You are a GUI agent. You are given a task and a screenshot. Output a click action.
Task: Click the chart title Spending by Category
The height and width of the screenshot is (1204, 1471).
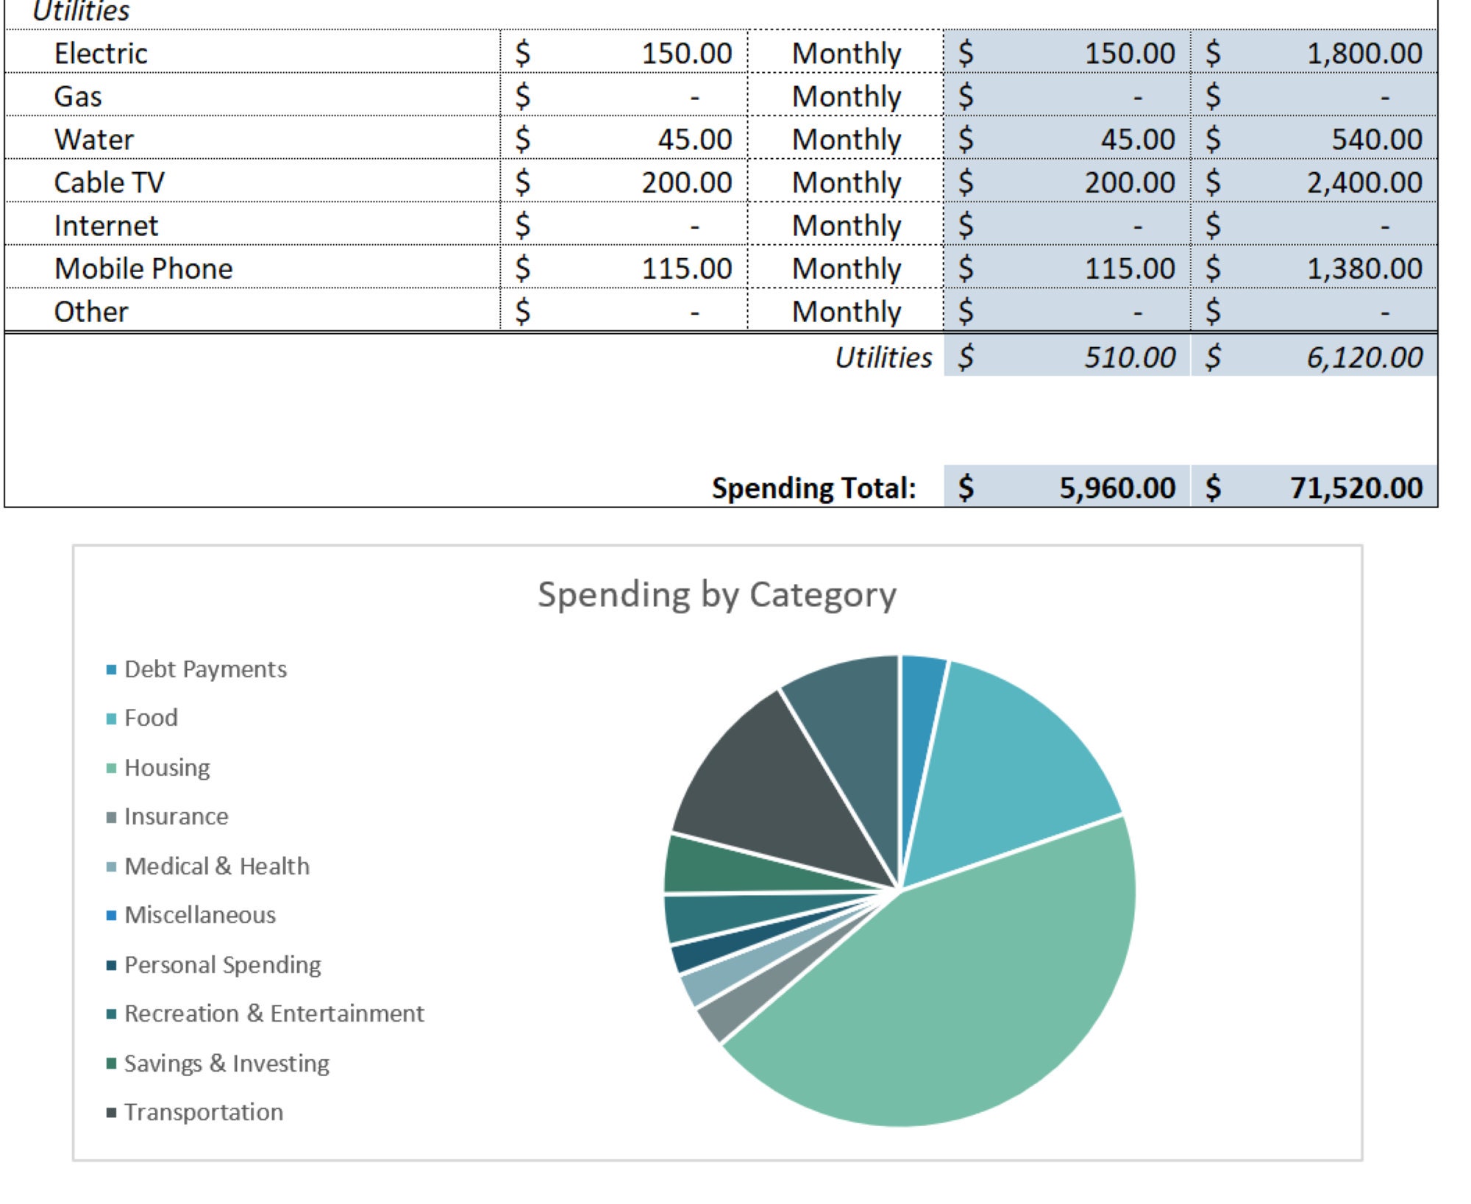(x=716, y=594)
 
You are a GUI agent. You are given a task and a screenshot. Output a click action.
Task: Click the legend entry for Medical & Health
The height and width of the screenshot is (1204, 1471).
(x=216, y=866)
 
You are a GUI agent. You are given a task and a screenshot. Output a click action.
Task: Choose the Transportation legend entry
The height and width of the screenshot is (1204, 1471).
(x=203, y=1112)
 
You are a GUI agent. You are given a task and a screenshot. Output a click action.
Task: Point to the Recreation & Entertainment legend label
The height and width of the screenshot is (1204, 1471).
(x=274, y=1014)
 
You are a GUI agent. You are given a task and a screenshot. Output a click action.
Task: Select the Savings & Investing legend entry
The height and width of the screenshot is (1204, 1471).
(x=226, y=1064)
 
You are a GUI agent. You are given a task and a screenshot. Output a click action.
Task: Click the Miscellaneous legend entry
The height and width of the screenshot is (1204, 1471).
(x=199, y=915)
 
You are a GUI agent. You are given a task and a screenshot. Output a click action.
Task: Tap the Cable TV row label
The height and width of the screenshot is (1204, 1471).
(x=109, y=182)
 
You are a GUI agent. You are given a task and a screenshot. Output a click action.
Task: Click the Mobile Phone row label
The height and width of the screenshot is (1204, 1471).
(x=143, y=268)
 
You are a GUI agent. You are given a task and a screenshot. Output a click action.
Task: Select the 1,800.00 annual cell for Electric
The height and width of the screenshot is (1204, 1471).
(x=1364, y=54)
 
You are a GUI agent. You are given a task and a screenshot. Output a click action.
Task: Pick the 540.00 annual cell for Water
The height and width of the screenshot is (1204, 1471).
(x=1376, y=140)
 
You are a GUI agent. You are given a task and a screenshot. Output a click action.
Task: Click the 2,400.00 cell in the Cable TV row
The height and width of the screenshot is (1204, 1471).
(x=1364, y=182)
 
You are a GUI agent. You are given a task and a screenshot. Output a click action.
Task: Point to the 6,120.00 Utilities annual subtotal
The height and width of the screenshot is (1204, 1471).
(x=1364, y=357)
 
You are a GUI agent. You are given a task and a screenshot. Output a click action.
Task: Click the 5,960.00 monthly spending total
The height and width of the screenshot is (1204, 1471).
(x=1116, y=488)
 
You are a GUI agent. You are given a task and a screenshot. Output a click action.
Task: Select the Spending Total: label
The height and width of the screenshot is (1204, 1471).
(x=813, y=488)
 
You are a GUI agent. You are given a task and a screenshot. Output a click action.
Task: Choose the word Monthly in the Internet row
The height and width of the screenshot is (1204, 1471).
(x=846, y=226)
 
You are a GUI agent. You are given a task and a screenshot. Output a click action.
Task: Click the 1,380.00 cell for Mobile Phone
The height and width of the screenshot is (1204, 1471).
(x=1364, y=268)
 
